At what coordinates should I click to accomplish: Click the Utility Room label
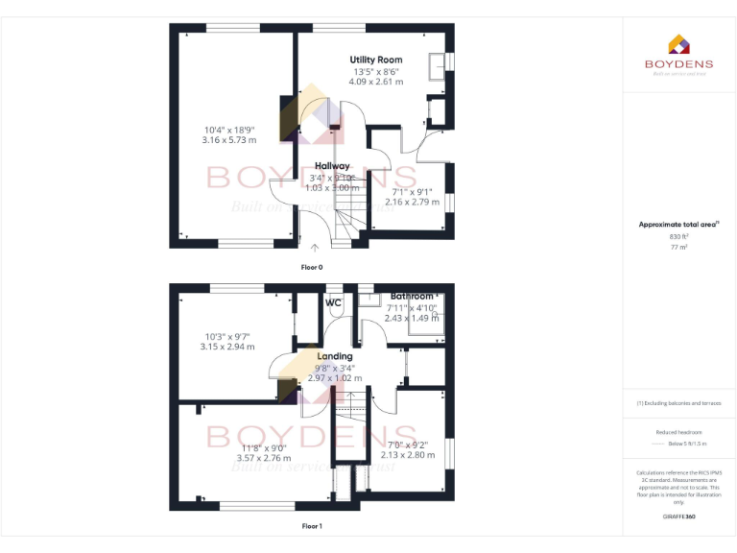pyautogui.click(x=375, y=60)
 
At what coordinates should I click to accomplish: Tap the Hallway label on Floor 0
pyautogui.click(x=332, y=166)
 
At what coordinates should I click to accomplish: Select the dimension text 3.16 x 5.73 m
pyautogui.click(x=229, y=140)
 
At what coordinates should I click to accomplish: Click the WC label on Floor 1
pyautogui.click(x=334, y=303)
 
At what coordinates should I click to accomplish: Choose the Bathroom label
pyautogui.click(x=414, y=297)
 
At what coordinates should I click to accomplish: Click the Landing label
pyautogui.click(x=335, y=356)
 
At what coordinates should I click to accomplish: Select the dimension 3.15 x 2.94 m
pyautogui.click(x=227, y=347)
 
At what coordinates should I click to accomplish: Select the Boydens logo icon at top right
pyautogui.click(x=678, y=44)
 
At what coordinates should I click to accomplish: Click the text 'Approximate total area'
pyautogui.click(x=678, y=225)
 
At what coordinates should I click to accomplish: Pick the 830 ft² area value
pyautogui.click(x=678, y=236)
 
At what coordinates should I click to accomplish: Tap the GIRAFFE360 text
pyautogui.click(x=678, y=517)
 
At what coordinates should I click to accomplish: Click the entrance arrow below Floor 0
pyautogui.click(x=315, y=249)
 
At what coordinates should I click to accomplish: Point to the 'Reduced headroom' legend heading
pyautogui.click(x=678, y=432)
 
